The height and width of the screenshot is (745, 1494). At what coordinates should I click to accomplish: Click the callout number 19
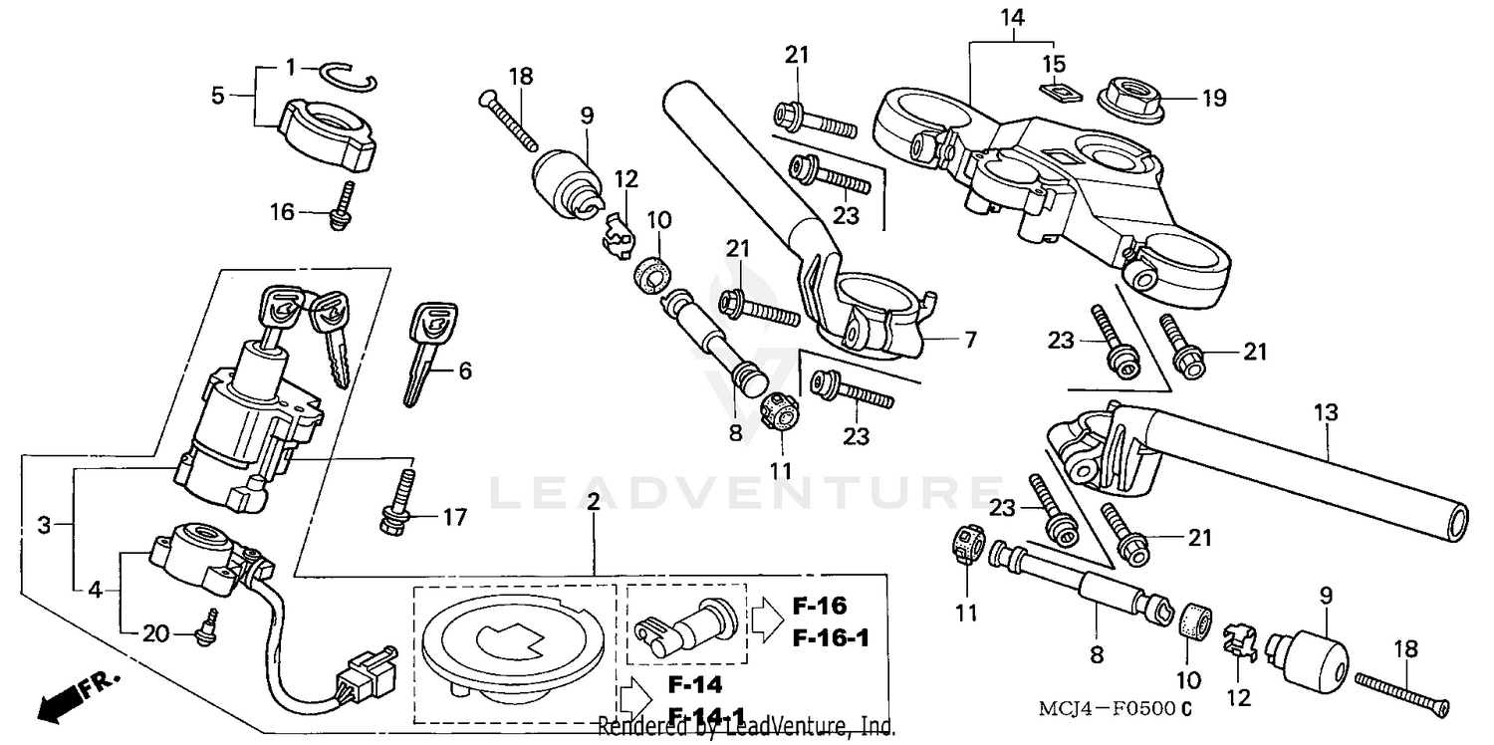(x=1213, y=98)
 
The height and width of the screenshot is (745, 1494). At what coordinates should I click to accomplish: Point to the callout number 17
(x=454, y=518)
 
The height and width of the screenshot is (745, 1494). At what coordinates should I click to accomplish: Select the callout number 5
(x=217, y=96)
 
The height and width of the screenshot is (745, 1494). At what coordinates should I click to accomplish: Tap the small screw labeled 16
(x=342, y=209)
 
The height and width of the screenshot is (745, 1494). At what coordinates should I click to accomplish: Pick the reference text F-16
(x=820, y=607)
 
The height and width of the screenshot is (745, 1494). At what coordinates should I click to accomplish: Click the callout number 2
(x=593, y=503)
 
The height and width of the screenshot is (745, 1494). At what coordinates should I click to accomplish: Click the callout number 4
(x=95, y=589)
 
